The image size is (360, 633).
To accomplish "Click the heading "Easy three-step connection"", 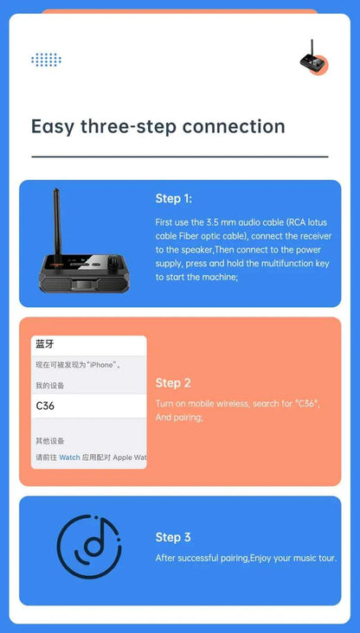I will (157, 126).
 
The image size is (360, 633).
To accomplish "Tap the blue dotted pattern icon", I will (46, 60).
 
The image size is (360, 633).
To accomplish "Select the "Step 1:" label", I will (173, 199).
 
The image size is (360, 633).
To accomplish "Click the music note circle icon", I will (89, 547).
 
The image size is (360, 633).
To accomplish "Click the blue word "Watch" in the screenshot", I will (69, 457).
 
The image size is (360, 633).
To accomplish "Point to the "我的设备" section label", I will (49, 386).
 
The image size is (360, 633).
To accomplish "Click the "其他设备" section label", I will (49, 440).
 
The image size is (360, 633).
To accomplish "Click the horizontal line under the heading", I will (179, 157).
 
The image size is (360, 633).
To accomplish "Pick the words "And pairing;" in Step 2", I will (179, 417).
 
